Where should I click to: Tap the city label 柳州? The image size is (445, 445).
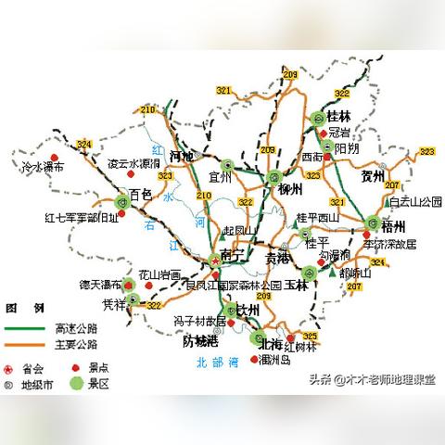(x=291, y=189)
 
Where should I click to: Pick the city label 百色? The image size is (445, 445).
(x=140, y=195)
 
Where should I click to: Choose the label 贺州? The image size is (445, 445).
(x=373, y=172)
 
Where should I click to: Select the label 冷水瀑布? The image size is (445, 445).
(x=42, y=168)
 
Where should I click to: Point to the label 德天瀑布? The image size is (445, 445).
(x=100, y=284)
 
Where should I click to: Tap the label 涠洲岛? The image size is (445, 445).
(x=276, y=360)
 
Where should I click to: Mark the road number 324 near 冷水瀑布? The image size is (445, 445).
(x=84, y=144)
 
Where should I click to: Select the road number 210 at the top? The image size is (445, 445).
(x=147, y=112)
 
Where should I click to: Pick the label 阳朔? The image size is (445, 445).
(x=348, y=148)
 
